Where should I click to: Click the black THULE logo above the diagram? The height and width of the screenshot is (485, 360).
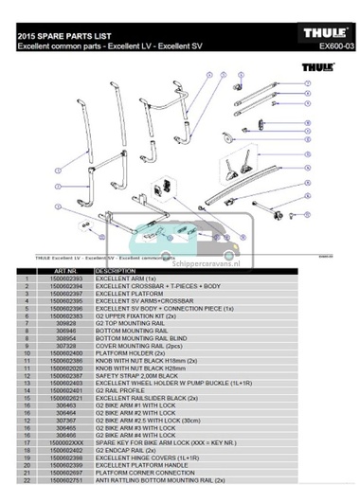tap(316, 68)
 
